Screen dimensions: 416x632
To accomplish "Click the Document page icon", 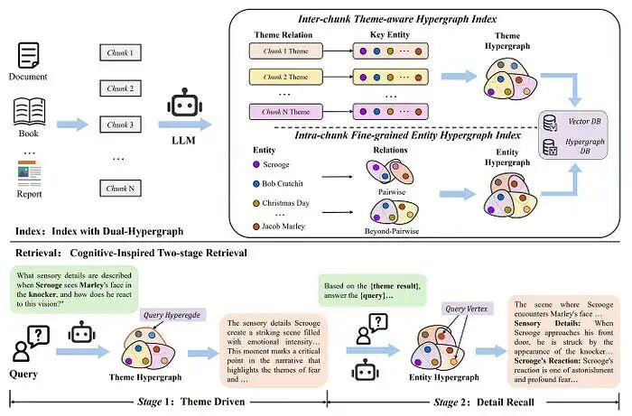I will (x=31, y=57).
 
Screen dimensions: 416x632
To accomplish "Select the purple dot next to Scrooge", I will (x=258, y=164).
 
